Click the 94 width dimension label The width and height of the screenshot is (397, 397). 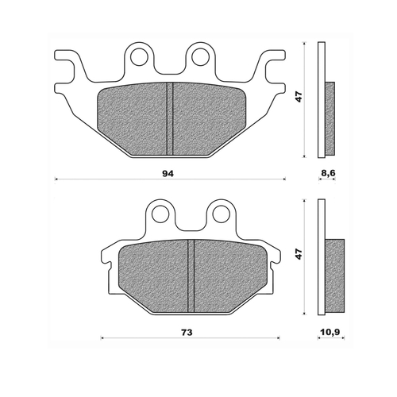point(167,172)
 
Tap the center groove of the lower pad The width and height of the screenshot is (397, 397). point(191,276)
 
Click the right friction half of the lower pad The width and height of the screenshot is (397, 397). point(225,276)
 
